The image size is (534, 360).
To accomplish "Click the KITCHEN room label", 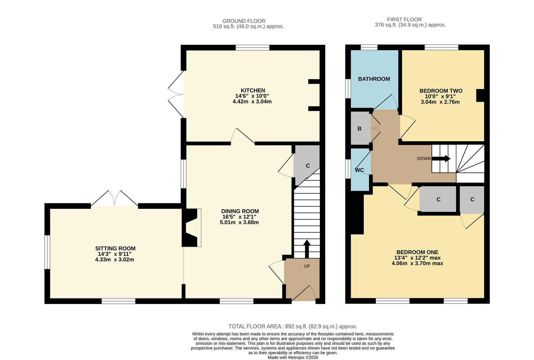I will [x=253, y=90].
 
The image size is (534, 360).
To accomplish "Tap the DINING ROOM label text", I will [x=240, y=211].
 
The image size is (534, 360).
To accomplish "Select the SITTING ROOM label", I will [x=115, y=248].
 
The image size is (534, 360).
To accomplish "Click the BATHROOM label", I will [x=374, y=79].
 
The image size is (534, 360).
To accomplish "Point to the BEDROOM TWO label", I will [x=441, y=91].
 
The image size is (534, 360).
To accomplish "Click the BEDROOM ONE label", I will [x=417, y=252].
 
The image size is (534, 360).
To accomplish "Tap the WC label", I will [x=359, y=170].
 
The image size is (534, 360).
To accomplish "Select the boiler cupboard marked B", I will [x=359, y=129].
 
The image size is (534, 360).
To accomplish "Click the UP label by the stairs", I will [x=307, y=266].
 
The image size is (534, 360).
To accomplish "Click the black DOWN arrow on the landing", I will [x=441, y=159].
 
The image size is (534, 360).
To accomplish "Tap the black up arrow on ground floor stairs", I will [x=307, y=248].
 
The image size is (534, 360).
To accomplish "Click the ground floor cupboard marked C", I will [x=307, y=166].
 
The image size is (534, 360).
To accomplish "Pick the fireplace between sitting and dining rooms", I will [x=191, y=228].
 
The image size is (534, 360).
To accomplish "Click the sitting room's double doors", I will [x=115, y=199].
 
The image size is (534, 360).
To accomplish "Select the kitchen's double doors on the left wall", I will [x=176, y=94].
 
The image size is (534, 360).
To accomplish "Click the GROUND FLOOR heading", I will [x=244, y=21].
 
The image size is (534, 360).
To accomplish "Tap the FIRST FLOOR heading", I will [x=404, y=20].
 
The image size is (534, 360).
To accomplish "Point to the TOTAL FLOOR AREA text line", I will [x=292, y=326].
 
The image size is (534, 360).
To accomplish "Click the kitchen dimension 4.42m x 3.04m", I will [x=252, y=101].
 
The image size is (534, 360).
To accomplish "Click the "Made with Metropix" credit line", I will [x=293, y=357].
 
